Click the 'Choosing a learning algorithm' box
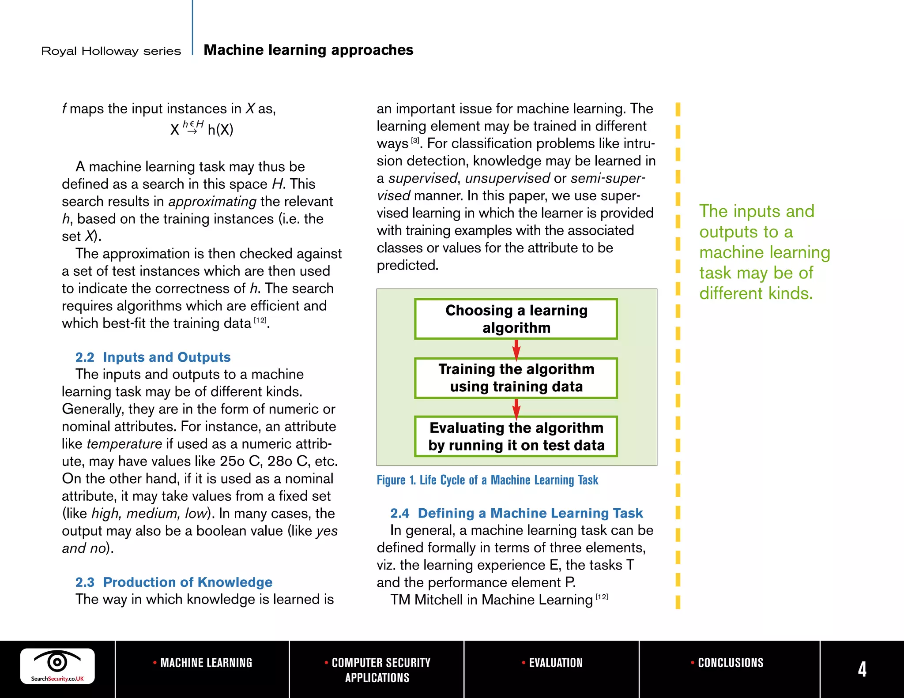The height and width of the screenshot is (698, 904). tap(516, 319)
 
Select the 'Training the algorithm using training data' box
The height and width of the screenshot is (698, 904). tap(516, 378)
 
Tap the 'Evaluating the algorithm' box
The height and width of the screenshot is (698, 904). tap(516, 436)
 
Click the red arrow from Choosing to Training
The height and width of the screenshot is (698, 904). tap(516, 349)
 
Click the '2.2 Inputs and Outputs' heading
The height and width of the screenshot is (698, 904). tap(153, 357)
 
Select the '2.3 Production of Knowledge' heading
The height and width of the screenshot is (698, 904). tap(173, 582)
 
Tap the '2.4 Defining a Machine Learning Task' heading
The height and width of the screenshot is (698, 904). tap(516, 513)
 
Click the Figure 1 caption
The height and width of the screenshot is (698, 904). tap(487, 480)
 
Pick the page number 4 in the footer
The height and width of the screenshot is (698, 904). tap(862, 669)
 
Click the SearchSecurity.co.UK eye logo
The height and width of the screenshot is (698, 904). tap(57, 666)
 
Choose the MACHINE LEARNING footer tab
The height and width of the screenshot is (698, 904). tap(203, 663)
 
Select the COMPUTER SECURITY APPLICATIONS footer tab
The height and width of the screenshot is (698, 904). tap(377, 670)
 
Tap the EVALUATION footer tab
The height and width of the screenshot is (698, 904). tap(552, 663)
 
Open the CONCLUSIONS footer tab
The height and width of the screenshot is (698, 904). tap(727, 663)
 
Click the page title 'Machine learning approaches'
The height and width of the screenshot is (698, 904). tap(308, 50)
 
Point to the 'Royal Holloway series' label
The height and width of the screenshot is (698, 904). tap(111, 51)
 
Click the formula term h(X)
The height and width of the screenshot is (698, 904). tap(220, 130)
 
